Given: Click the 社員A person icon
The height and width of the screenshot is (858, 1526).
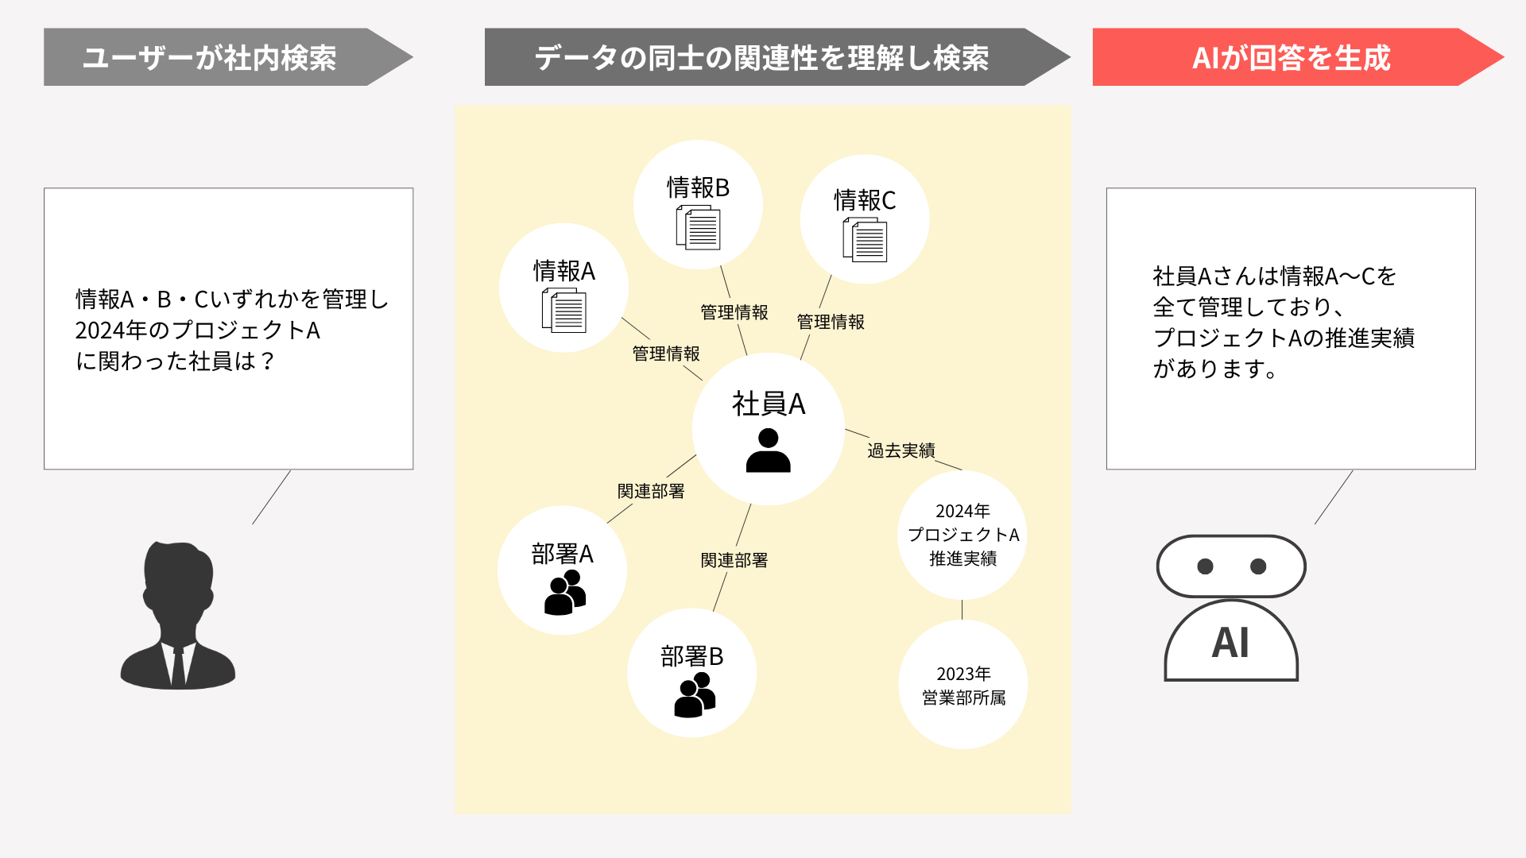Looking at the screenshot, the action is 769,450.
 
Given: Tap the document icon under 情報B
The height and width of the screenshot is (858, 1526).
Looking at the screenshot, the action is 698,227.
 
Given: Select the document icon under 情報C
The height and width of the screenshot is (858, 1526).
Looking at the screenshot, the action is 865,240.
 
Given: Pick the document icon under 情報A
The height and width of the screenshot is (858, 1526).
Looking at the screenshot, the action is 564,310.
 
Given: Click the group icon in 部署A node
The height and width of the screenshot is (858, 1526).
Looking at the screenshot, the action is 565,592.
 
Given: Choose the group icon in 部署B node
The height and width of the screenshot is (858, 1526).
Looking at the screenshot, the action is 695,694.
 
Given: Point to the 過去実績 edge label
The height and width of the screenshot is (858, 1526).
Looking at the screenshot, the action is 901,450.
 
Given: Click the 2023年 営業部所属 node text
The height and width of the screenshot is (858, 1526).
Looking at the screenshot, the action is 963,686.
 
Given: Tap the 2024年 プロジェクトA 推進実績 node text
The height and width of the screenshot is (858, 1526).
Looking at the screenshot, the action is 963,535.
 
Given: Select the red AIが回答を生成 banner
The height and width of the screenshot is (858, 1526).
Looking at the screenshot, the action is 1298,57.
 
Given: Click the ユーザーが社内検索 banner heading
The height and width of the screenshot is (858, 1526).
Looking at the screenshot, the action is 210,58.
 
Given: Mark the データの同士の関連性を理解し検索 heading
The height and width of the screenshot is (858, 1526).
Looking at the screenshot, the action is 761,58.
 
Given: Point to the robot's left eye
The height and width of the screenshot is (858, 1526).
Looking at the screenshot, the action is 1205,566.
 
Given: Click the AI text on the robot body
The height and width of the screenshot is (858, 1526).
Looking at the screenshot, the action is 1230,643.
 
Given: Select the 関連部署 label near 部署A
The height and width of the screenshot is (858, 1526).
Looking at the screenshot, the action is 651,491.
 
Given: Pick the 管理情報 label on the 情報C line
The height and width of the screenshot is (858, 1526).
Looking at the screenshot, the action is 831,322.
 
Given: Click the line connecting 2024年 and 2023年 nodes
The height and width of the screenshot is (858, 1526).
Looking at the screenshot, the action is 962,609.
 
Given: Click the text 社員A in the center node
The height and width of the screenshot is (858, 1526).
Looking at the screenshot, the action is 769,404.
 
